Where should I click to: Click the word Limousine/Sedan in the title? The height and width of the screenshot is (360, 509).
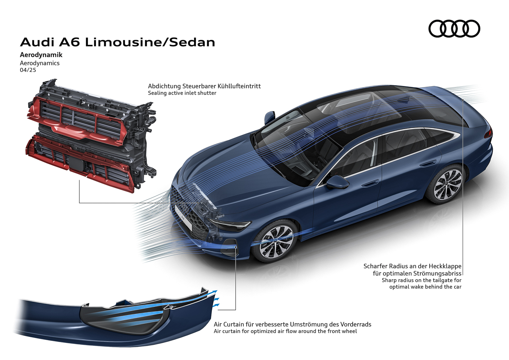tap(150, 42)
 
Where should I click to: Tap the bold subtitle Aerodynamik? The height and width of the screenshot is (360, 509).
tap(41, 55)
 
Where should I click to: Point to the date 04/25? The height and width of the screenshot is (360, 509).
tap(28, 70)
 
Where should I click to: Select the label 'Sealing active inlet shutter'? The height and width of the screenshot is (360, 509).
tap(182, 93)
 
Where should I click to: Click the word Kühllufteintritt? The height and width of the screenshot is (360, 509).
tap(239, 86)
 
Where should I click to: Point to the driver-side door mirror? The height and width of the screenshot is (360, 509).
tap(338, 182)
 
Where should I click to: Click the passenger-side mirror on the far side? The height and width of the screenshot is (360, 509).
tap(270, 117)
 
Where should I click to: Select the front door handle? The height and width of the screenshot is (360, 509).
tap(370, 183)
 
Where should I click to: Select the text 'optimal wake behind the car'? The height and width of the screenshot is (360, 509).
tap(425, 287)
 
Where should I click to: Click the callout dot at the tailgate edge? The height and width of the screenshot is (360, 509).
tap(463, 99)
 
